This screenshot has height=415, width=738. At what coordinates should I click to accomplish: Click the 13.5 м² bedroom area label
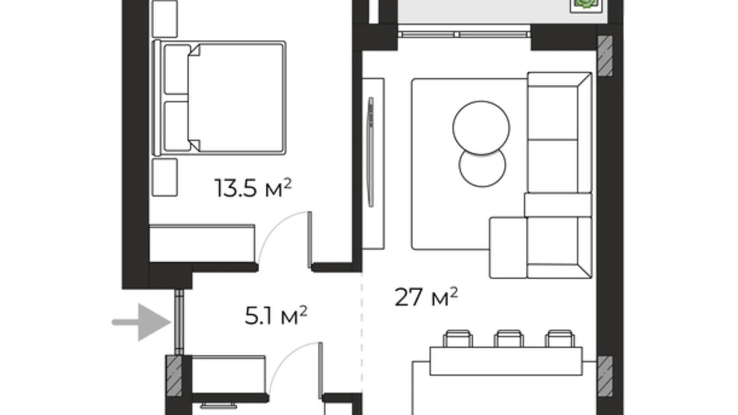[x=253, y=188]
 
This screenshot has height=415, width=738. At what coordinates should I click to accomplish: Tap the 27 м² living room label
[x=426, y=297]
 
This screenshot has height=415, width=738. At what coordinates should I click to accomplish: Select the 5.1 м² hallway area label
[x=276, y=316]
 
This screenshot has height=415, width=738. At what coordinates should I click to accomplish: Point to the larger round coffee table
[x=481, y=127]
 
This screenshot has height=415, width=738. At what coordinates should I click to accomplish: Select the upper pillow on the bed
[x=177, y=69]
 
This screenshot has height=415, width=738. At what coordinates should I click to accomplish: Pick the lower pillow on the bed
[x=177, y=126]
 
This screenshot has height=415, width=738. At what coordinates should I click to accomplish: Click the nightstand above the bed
[x=165, y=19]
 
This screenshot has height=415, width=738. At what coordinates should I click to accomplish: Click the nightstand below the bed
[x=165, y=177]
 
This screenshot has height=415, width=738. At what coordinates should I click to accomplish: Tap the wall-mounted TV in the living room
[x=371, y=152]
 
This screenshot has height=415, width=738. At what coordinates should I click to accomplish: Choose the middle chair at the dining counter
[x=508, y=338]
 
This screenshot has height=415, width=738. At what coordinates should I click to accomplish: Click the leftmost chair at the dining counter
[x=458, y=338]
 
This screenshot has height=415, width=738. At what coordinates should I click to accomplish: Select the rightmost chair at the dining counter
[x=559, y=338]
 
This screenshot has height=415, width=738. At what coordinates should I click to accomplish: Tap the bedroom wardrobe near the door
[x=202, y=243]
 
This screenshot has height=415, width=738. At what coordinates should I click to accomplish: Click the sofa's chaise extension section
[x=507, y=247]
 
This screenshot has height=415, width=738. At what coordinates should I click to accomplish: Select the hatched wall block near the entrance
[x=174, y=375]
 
